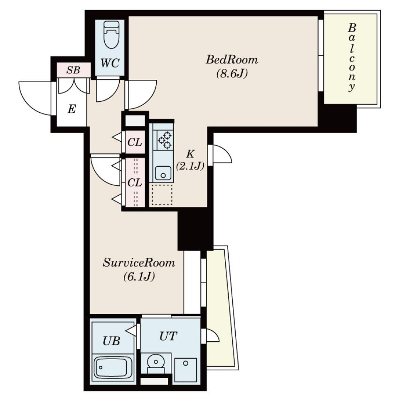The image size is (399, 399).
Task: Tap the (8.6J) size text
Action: [x=232, y=74]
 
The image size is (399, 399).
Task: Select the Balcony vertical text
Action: [x=352, y=57]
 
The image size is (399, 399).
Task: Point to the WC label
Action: [x=110, y=64]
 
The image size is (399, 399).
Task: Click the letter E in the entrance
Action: [x=71, y=110]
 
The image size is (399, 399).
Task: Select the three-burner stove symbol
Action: [x=163, y=140]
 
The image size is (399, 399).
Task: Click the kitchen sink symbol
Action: [x=163, y=172]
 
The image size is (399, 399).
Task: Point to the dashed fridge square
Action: [x=162, y=195]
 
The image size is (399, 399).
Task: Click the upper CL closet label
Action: [x=135, y=142]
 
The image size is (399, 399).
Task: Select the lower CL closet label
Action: [x=135, y=182]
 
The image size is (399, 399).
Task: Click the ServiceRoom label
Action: [x=139, y=263]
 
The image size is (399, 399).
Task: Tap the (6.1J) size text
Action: [x=139, y=277]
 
